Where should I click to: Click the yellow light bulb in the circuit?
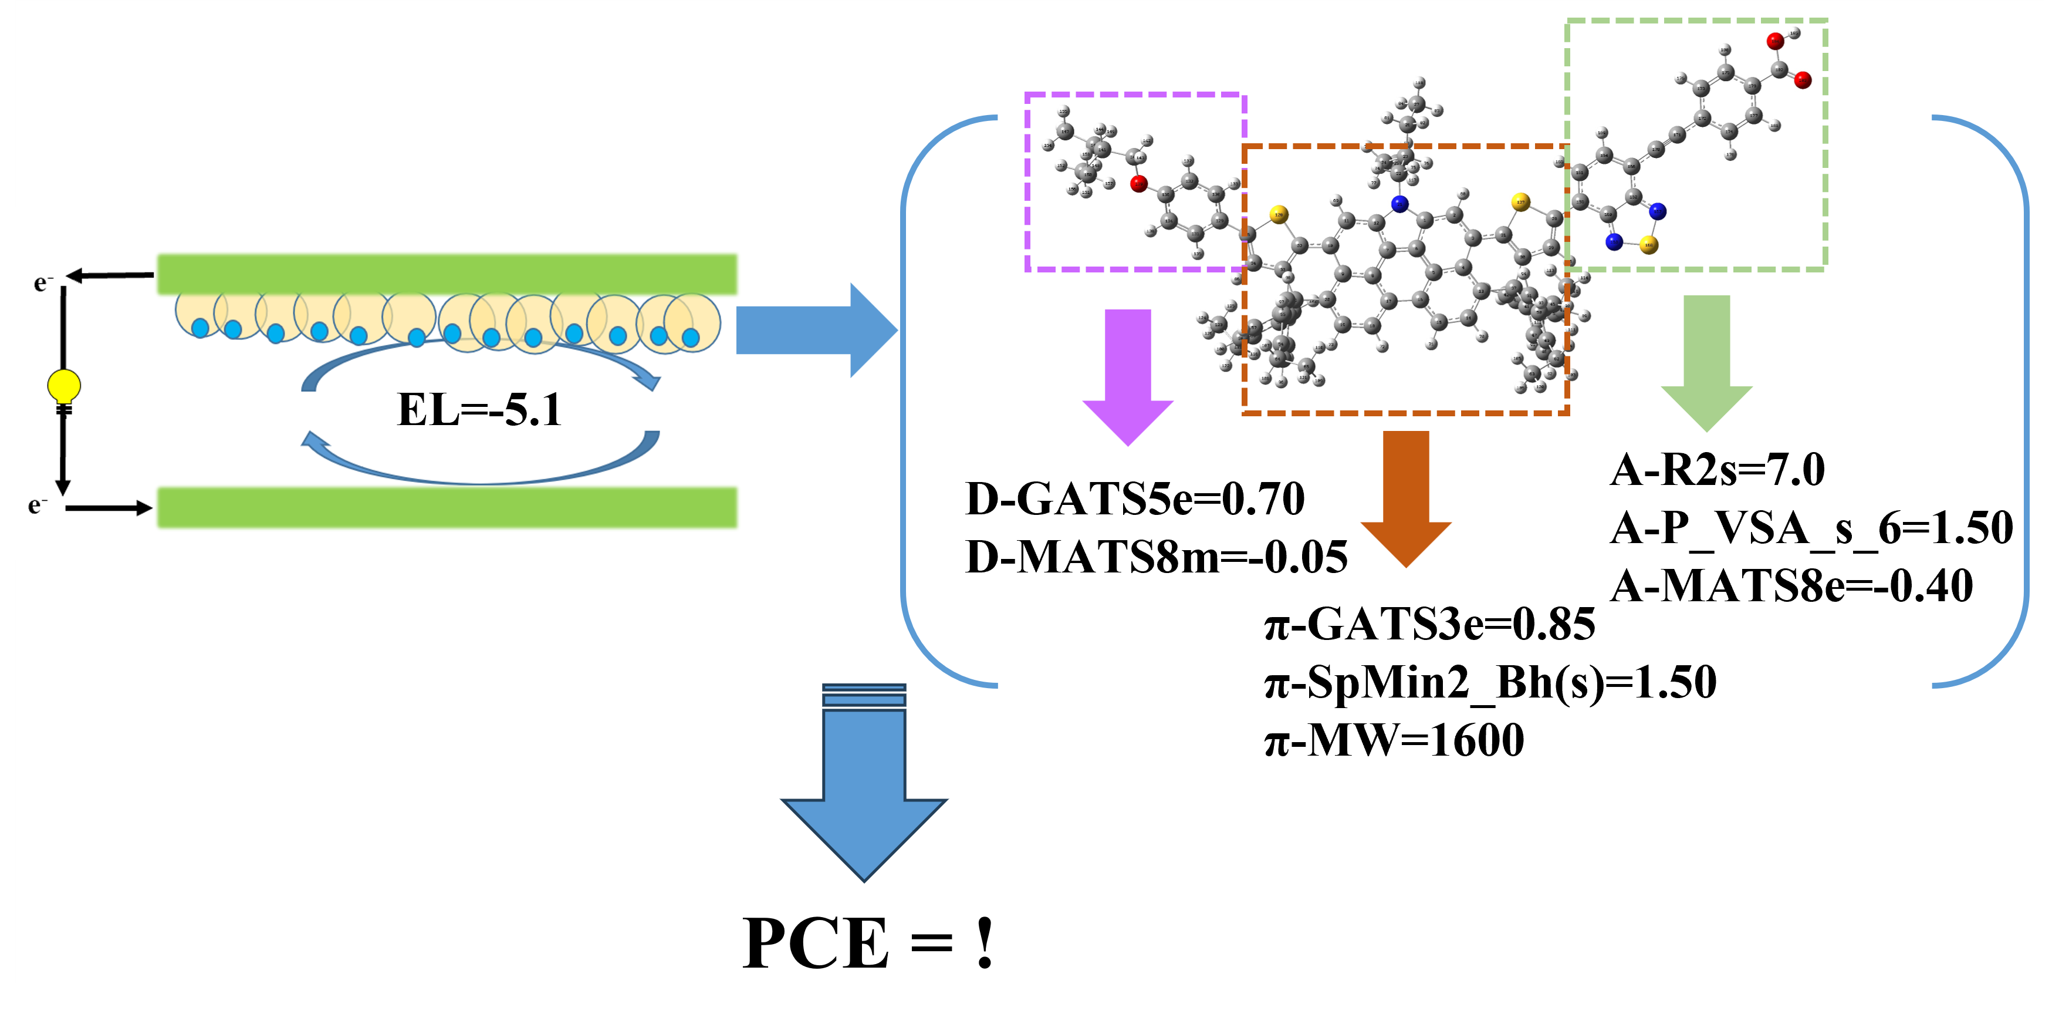pyautogui.click(x=63, y=385)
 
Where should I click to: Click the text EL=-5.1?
pyautogui.click(x=479, y=410)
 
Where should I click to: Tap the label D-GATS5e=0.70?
pyautogui.click(x=1135, y=499)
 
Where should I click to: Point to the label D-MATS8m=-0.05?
pyautogui.click(x=1156, y=557)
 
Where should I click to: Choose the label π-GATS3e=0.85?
pyautogui.click(x=1429, y=624)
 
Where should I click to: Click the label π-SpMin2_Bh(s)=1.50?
pyautogui.click(x=1490, y=682)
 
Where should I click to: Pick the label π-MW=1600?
pyautogui.click(x=1394, y=740)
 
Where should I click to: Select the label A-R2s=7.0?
pyautogui.click(x=1717, y=469)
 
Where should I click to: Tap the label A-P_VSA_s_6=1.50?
pyautogui.click(x=1811, y=528)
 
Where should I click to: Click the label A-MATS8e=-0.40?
pyautogui.click(x=1791, y=586)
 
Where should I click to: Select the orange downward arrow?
pyautogui.click(x=1405, y=498)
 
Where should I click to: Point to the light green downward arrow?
pyautogui.click(x=1706, y=362)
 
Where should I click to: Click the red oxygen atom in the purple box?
pyautogui.click(x=1138, y=184)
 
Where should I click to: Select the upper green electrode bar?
pyautogui.click(x=447, y=274)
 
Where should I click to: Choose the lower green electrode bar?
pyautogui.click(x=447, y=507)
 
